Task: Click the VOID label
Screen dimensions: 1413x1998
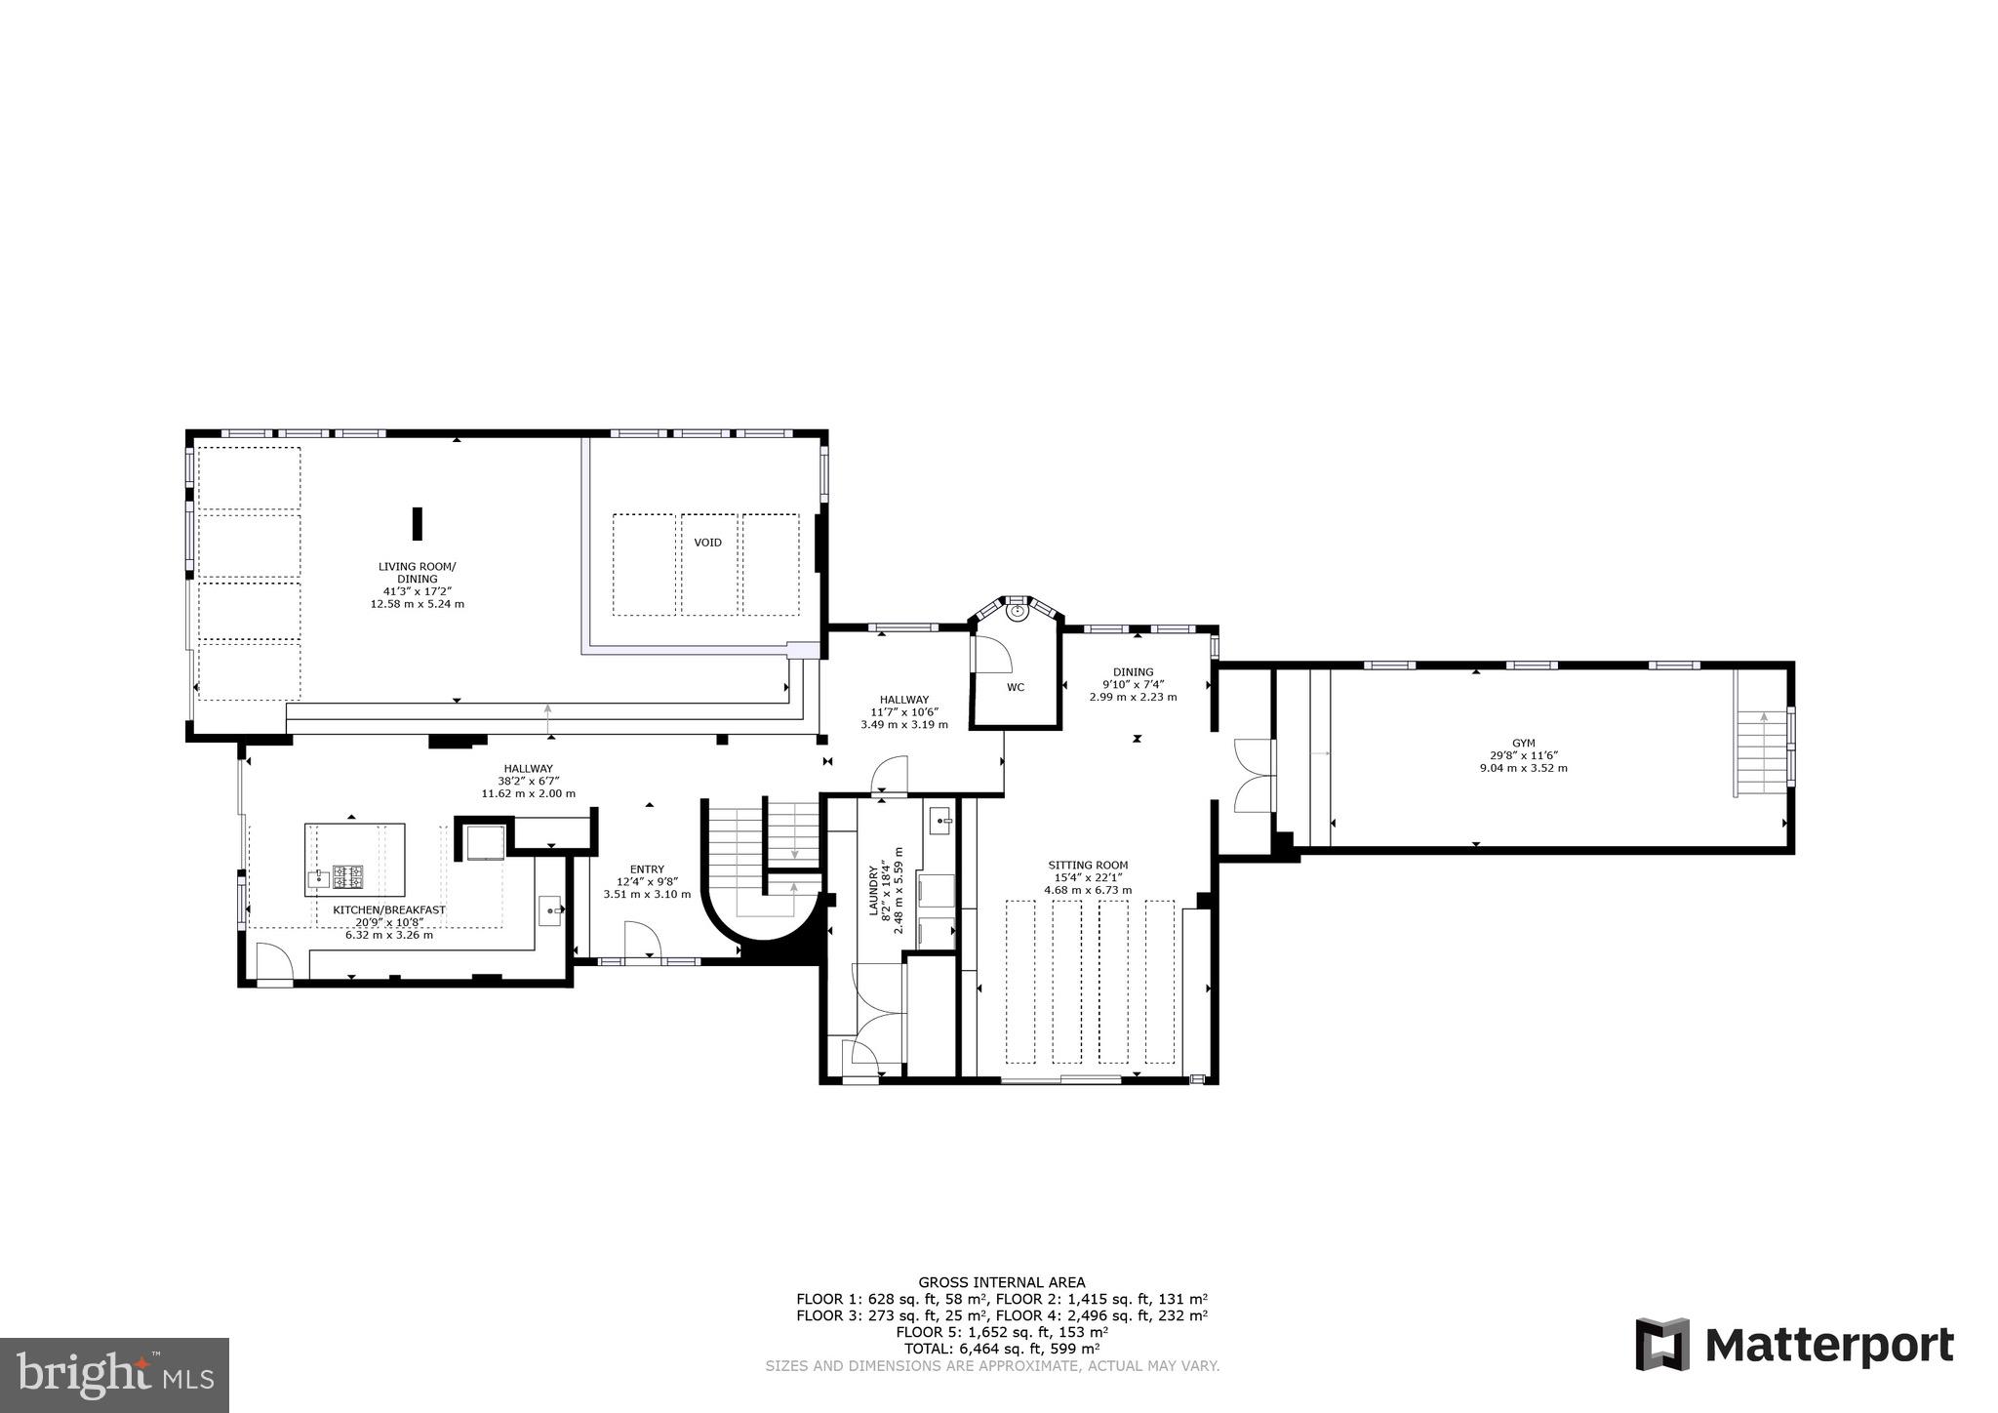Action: tap(707, 543)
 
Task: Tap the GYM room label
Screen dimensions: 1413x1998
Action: tap(1523, 744)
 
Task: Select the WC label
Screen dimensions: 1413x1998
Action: tap(1016, 687)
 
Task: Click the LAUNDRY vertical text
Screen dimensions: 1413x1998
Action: tap(874, 888)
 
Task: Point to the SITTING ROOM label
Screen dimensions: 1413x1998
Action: tap(1088, 865)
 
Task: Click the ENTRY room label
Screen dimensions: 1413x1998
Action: tap(647, 869)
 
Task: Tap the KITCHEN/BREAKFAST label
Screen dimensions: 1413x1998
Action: tap(389, 909)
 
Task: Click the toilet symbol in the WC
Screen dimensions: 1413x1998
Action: tap(1018, 612)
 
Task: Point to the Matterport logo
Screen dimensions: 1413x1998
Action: tap(1794, 1345)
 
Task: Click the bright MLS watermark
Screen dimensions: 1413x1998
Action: tap(115, 1375)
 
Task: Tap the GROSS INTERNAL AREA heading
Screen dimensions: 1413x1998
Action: tap(1001, 1282)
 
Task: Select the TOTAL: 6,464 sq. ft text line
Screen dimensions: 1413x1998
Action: tap(1002, 1349)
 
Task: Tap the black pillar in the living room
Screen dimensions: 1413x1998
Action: tap(417, 523)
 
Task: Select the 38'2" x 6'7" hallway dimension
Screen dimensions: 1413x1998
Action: tap(528, 781)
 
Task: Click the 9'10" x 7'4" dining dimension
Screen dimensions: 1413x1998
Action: tap(1133, 684)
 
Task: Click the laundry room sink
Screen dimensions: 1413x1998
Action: tap(940, 819)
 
